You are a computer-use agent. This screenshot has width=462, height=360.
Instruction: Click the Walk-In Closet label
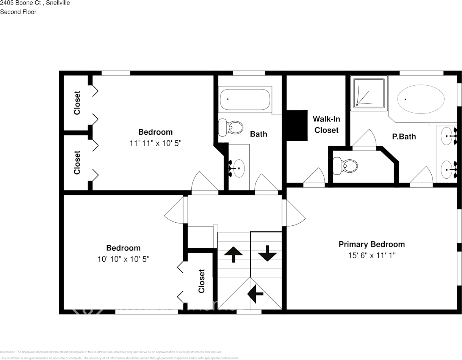(326, 124)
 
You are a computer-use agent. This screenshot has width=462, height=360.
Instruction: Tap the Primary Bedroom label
(371, 244)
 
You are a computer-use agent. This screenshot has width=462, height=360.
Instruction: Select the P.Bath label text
(404, 137)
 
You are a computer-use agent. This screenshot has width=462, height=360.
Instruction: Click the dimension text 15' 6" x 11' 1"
(371, 256)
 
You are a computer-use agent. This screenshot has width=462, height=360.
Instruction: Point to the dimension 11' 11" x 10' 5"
(155, 143)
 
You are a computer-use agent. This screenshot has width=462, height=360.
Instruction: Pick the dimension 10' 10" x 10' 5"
(123, 259)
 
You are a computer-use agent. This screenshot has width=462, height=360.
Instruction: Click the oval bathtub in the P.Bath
(421, 99)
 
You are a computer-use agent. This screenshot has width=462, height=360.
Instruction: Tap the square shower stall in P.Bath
(369, 93)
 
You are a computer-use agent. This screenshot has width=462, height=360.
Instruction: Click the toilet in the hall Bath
(231, 127)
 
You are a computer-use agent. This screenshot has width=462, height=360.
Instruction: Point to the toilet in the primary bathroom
(346, 166)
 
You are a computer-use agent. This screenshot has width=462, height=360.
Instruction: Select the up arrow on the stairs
(233, 254)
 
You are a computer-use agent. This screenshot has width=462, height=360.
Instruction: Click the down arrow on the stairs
(267, 253)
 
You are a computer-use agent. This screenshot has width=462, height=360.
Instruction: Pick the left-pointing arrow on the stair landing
(255, 293)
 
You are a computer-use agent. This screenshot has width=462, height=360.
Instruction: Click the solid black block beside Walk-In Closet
(296, 126)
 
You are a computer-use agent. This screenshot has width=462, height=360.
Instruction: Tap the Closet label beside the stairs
(201, 281)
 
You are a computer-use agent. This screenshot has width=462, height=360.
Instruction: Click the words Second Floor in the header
(18, 12)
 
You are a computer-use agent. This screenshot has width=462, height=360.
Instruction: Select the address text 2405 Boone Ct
(21, 3)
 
